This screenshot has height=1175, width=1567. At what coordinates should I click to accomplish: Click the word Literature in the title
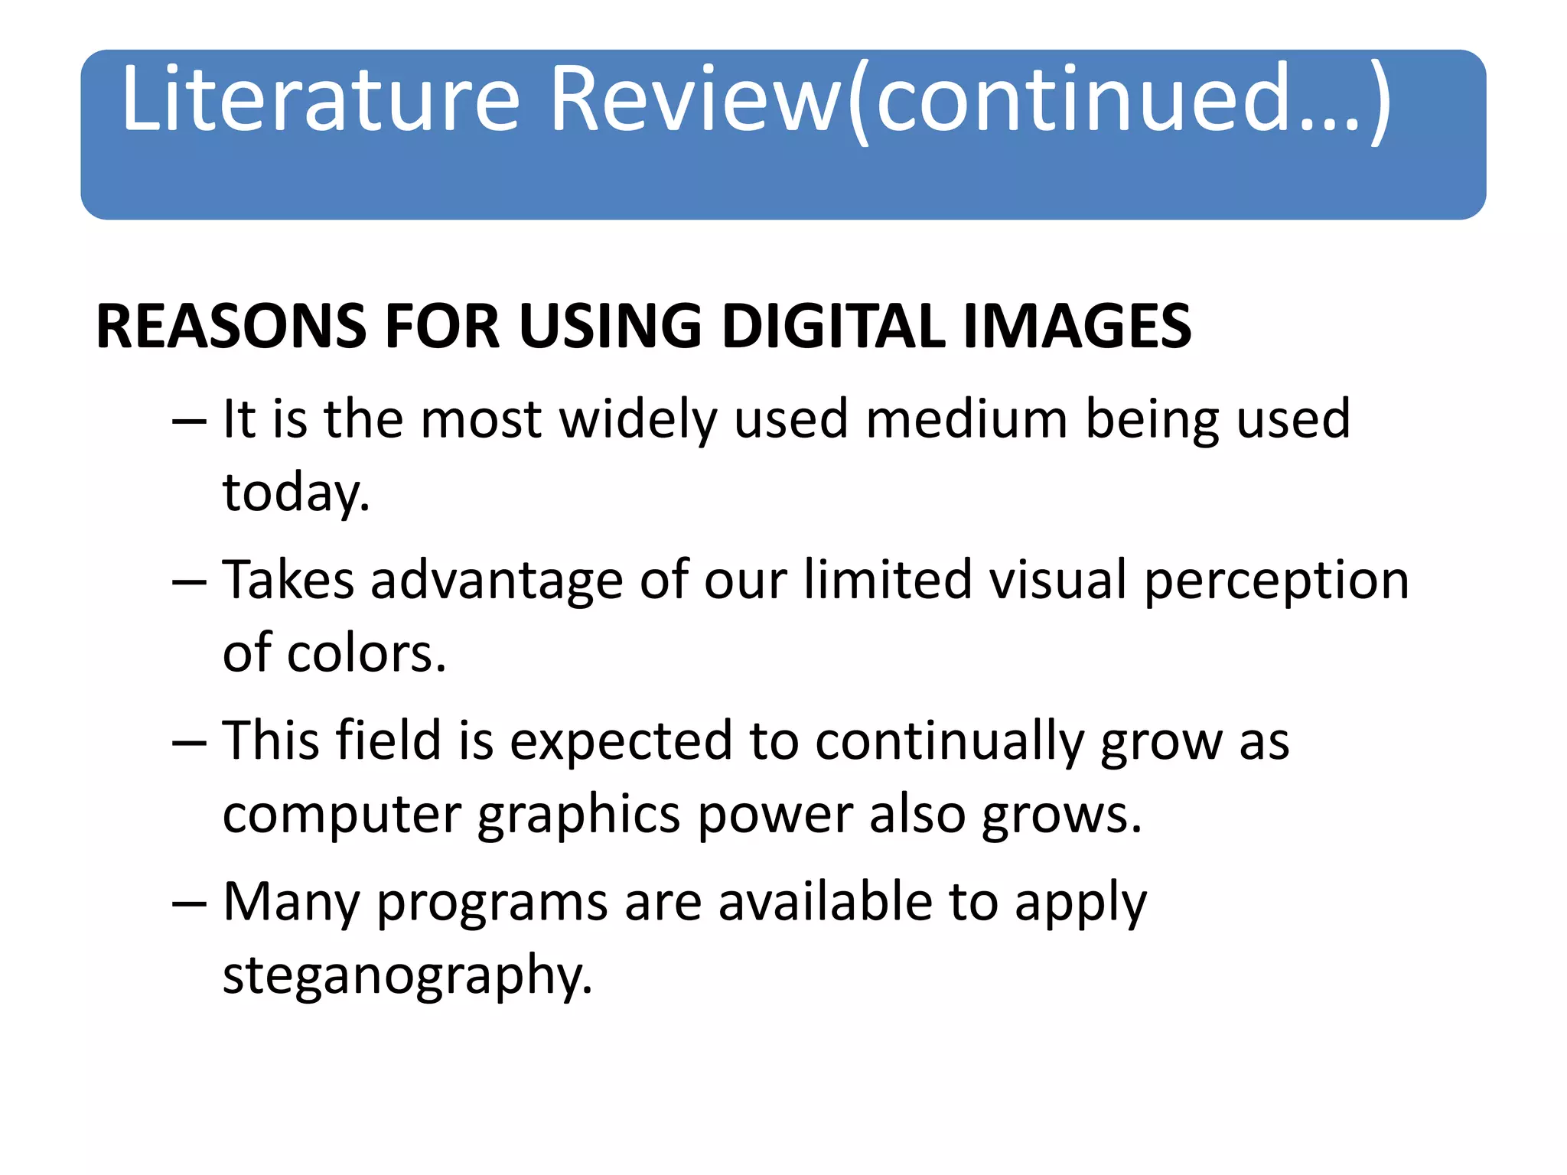(321, 99)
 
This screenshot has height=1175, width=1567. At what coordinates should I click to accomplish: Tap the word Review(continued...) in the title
(970, 99)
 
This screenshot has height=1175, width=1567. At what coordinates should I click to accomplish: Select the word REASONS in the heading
(230, 327)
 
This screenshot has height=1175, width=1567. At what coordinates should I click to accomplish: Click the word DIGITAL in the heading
(834, 327)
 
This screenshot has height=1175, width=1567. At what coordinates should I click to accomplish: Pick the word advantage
(497, 581)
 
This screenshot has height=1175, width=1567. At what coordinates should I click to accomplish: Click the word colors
(367, 654)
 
